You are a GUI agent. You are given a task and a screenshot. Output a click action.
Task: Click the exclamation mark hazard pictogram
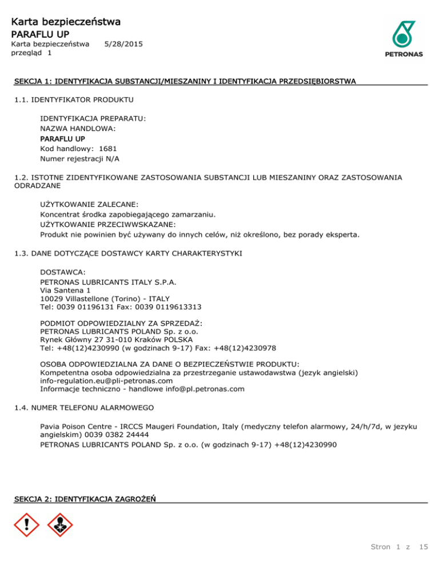click(26, 525)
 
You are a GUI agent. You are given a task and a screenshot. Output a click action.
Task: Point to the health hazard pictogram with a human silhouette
click(60, 525)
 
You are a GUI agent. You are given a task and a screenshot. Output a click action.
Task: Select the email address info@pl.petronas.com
click(201, 389)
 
